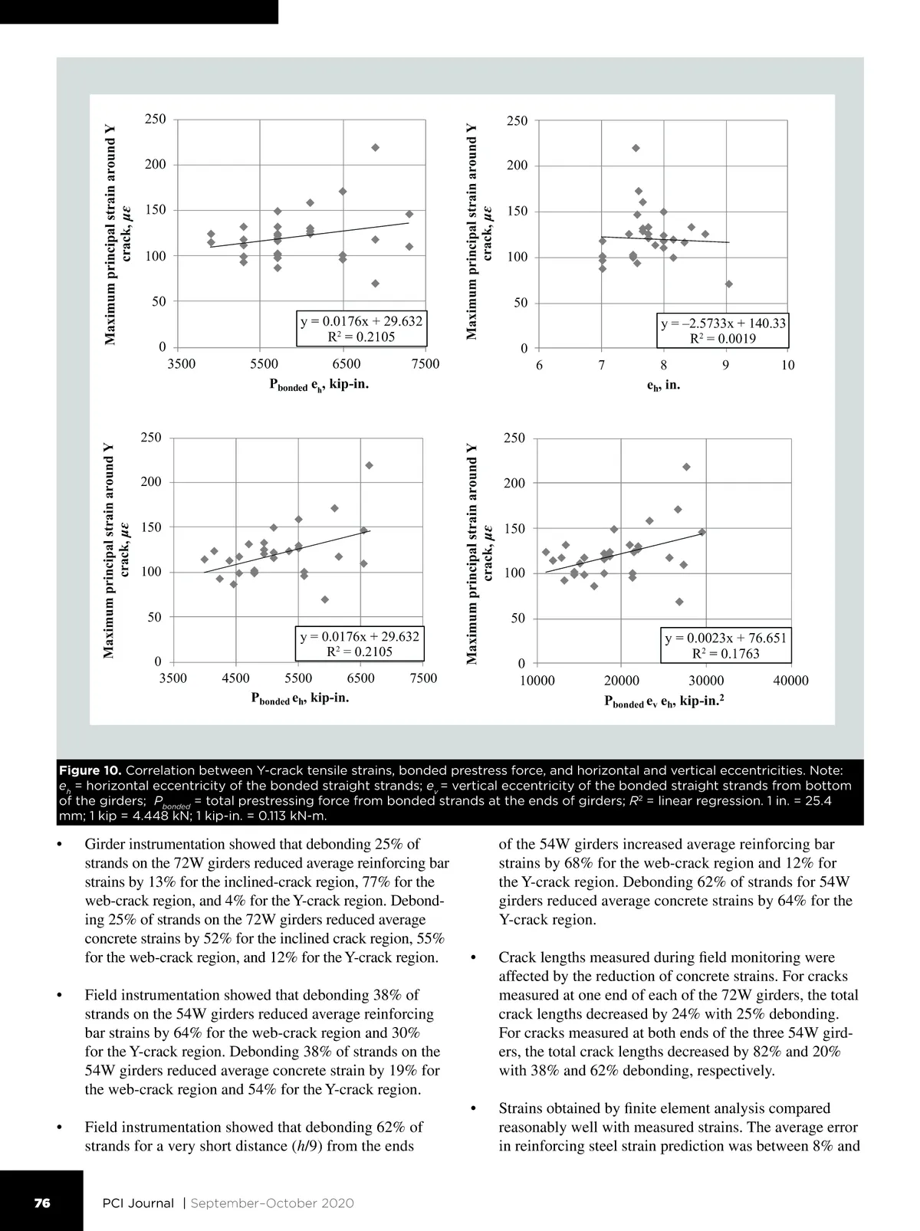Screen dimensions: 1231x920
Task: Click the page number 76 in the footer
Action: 41,1203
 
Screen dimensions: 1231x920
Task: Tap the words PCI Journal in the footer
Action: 138,1203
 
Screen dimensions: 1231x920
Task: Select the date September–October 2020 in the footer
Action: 272,1203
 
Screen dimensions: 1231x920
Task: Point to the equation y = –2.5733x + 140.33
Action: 723,323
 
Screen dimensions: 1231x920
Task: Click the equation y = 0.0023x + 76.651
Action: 725,638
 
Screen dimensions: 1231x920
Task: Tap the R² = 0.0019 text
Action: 723,339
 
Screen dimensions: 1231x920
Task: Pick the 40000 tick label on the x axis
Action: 790,681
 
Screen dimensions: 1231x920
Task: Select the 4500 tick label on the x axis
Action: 235,678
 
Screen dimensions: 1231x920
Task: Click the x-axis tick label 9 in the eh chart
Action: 725,365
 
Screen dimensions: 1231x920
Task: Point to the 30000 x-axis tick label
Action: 705,681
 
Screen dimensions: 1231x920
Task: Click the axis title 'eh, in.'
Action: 663,386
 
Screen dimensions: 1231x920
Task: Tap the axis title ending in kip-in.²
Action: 665,701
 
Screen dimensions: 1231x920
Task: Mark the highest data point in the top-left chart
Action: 375,147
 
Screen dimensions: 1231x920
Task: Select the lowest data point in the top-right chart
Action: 728,284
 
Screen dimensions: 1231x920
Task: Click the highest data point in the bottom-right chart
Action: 686,467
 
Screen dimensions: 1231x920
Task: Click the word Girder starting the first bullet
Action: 107,845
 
